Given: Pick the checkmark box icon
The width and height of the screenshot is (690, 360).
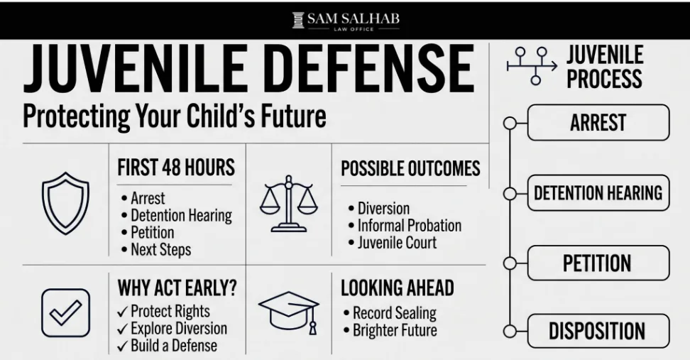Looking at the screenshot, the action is [65, 313].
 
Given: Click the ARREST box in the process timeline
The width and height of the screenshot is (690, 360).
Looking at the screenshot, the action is [598, 122].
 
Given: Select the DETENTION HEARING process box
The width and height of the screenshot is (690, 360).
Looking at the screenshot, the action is [598, 192].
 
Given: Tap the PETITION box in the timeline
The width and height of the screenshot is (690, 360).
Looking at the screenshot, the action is [598, 263].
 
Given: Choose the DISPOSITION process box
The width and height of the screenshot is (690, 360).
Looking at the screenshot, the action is [598, 332].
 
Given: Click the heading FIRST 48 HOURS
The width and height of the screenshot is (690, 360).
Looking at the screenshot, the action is [176, 168].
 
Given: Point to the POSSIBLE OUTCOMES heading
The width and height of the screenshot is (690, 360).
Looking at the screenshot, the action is [410, 168].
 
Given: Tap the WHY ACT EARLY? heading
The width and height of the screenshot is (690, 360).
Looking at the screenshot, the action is [177, 288].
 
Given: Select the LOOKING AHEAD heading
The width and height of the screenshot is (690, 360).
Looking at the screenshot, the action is [398, 288].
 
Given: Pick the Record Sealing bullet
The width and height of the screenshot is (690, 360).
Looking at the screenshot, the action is [390, 313].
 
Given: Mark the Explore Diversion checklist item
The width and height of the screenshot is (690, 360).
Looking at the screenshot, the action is [172, 328].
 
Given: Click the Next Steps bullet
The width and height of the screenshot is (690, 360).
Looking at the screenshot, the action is [156, 249].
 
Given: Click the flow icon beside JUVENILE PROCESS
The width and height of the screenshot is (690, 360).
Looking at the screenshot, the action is [532, 66].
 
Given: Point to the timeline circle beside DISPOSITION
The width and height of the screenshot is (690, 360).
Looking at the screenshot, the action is [510, 332].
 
